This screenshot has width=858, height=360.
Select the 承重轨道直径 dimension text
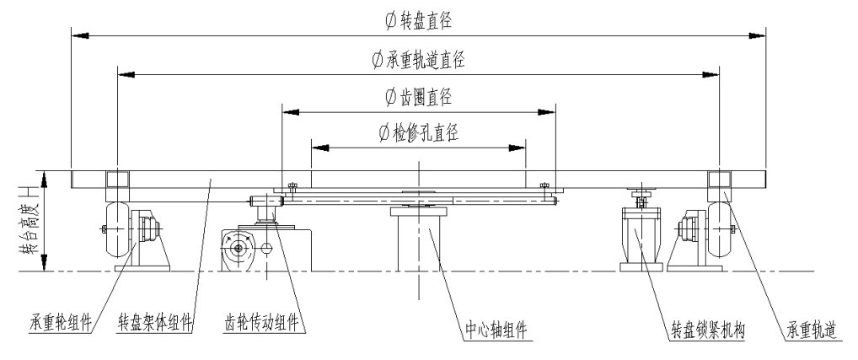[x=418, y=60]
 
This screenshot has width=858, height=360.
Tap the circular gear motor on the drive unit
[x=239, y=247]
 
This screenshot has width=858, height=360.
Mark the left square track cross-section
[x=116, y=180]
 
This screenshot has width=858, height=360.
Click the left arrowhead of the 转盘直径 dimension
[x=78, y=36]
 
